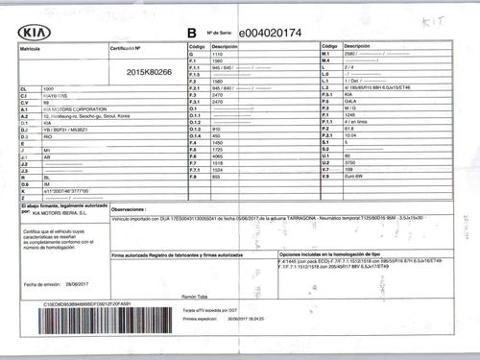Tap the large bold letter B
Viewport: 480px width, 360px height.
point(192,33)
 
